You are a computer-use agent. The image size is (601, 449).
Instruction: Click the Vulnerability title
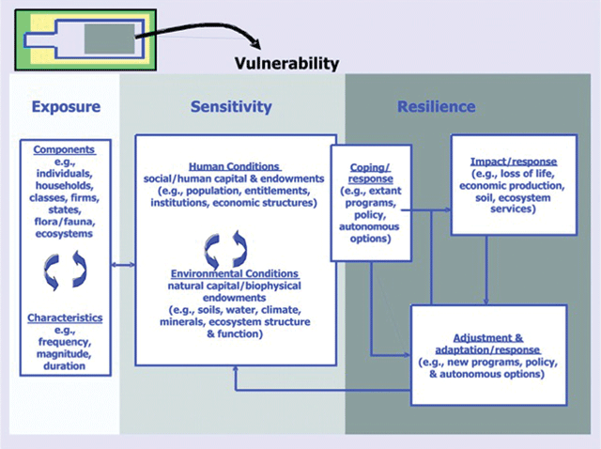pos(286,64)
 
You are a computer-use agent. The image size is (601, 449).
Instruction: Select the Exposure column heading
pos(66,106)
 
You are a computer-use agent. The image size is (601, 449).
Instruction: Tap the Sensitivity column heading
pos(231,106)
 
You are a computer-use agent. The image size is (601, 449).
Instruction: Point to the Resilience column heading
pos(436,106)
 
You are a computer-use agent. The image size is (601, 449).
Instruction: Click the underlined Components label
pos(64,149)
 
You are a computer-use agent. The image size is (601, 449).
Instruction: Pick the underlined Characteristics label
pos(65,317)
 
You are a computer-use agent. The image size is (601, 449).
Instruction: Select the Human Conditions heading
pos(235,167)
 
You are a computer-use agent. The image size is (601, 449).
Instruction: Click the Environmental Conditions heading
pos(235,273)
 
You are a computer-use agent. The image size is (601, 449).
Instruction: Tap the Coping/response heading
pos(370,174)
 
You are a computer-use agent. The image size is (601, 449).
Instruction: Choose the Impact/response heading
pos(514,162)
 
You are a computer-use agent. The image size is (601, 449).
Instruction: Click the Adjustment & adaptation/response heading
pos(487,344)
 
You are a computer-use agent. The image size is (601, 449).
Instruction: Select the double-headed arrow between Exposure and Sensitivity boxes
pos(123,265)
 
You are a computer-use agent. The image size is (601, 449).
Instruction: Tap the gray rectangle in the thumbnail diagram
pos(110,39)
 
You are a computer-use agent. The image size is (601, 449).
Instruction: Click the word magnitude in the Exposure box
pos(64,354)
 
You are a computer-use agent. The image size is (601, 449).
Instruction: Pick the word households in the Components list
pos(65,186)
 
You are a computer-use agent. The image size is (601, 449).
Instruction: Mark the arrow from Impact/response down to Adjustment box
pos(486,270)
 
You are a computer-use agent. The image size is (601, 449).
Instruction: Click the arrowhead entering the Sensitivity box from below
pos(236,368)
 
